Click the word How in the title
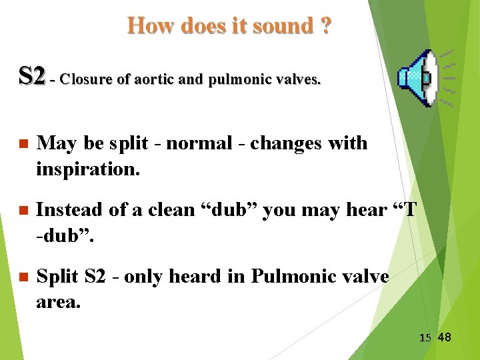148,26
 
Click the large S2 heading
33,76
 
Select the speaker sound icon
418,79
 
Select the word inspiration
88,169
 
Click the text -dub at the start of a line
56,235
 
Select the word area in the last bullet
57,302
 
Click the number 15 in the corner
425,338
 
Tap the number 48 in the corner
444,337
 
